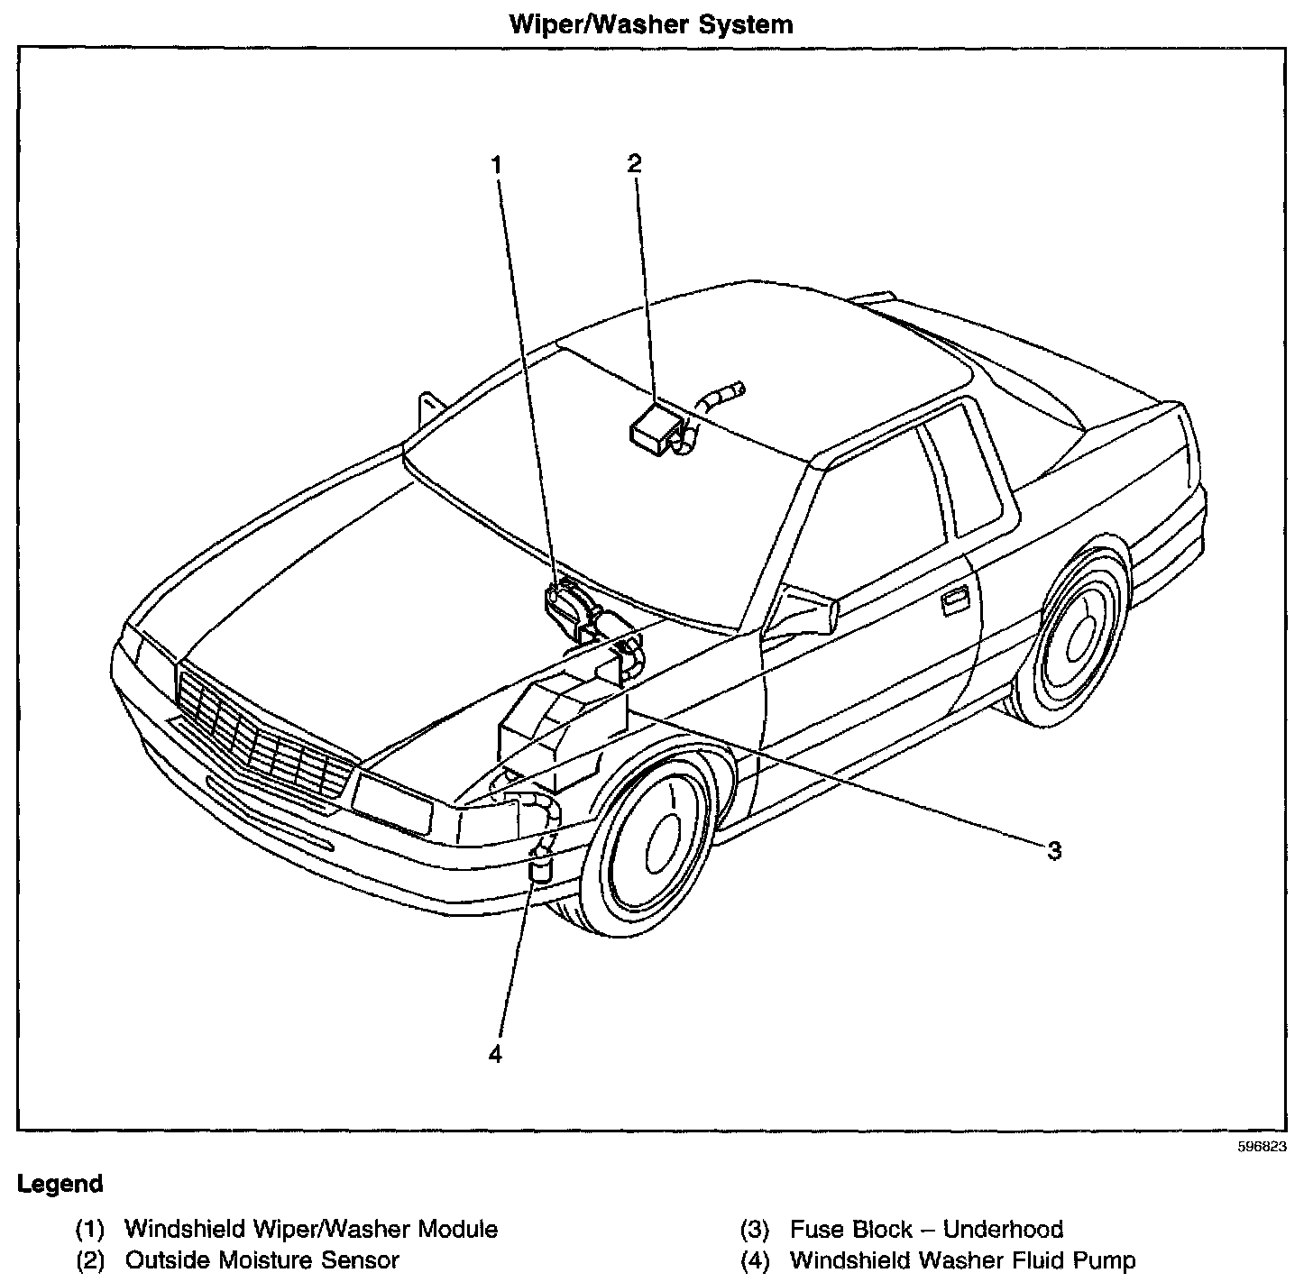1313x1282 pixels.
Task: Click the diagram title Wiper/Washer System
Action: [x=651, y=23]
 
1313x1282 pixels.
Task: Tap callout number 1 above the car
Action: [x=495, y=164]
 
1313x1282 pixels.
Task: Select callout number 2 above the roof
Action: [x=635, y=163]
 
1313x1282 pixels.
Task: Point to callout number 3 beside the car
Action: [x=1053, y=850]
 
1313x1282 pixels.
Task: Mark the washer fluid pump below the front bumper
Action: [x=540, y=867]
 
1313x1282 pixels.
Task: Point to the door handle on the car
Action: [x=955, y=601]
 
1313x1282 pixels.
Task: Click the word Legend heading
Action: [x=60, y=1184]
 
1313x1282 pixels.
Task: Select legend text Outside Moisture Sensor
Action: [x=262, y=1259]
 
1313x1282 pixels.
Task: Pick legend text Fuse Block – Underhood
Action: [x=926, y=1229]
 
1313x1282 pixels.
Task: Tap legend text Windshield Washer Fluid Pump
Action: [x=962, y=1259]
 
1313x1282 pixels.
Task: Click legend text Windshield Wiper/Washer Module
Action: [x=310, y=1229]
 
